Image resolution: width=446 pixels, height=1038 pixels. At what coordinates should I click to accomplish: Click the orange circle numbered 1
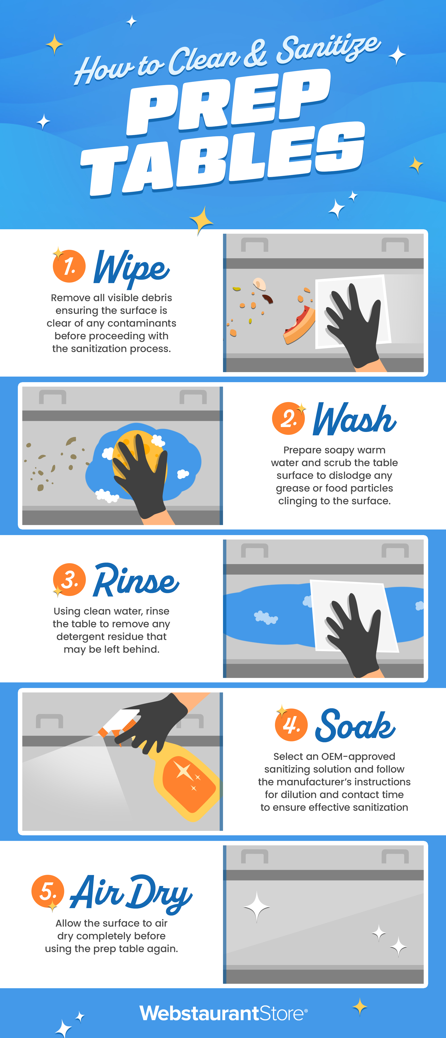click(x=69, y=266)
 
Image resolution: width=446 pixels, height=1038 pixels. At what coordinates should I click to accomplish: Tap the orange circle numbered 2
click(x=288, y=418)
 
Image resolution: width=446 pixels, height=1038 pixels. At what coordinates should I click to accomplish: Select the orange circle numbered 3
click(x=69, y=579)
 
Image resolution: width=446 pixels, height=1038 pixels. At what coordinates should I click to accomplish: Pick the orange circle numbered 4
click(x=291, y=725)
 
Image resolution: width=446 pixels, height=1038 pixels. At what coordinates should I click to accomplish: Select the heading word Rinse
click(x=136, y=580)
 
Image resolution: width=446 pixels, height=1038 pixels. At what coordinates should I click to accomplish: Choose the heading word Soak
click(x=355, y=725)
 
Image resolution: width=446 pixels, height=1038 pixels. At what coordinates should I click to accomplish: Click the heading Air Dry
click(x=131, y=894)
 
